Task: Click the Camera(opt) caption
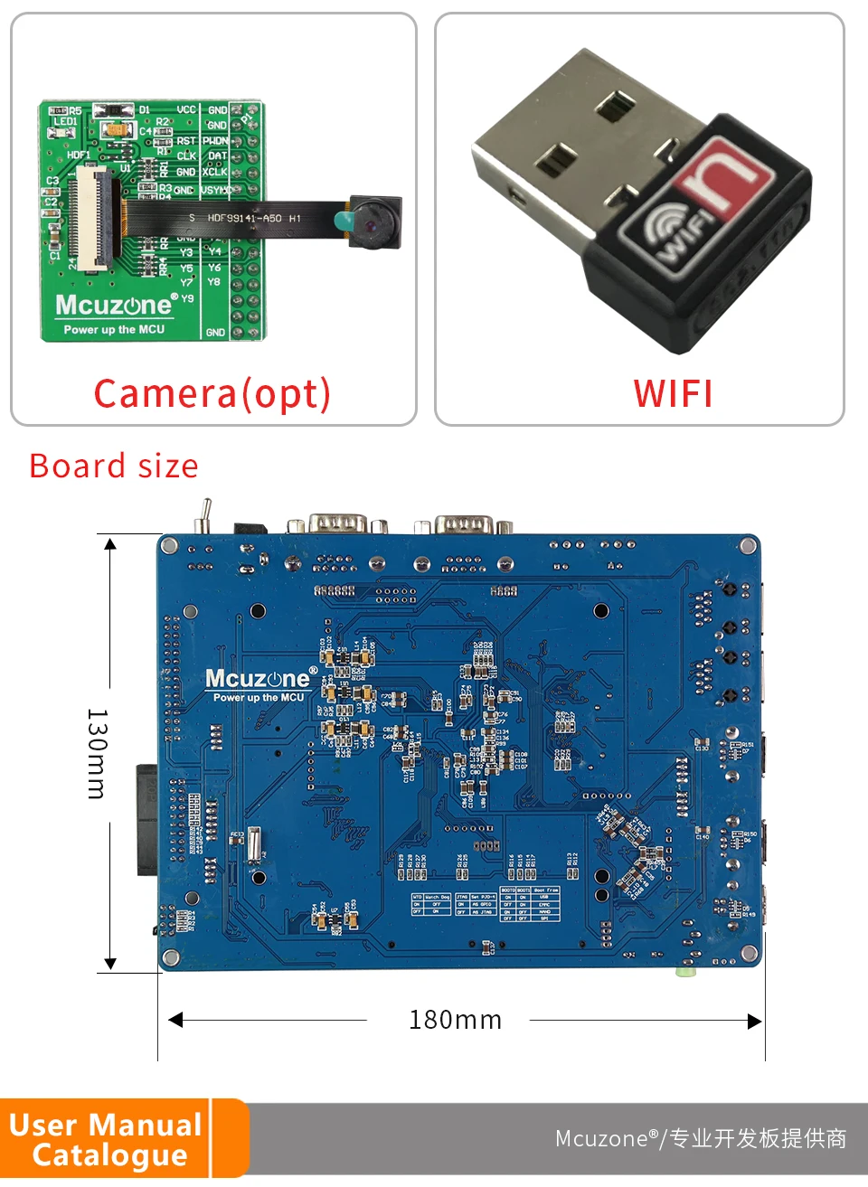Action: tap(212, 393)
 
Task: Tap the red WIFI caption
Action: tap(673, 393)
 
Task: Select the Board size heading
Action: tap(114, 466)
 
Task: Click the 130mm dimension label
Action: tap(97, 753)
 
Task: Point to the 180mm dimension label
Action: tap(455, 1020)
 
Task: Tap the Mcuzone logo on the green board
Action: tap(114, 306)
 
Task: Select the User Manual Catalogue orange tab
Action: tap(108, 1138)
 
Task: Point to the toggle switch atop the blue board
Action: tap(204, 514)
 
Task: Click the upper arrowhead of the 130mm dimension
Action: tap(110, 544)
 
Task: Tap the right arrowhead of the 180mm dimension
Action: tap(755, 1021)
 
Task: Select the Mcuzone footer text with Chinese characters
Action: tap(701, 1138)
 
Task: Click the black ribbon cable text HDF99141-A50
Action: tap(244, 219)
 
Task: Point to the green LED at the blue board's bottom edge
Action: tap(686, 972)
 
